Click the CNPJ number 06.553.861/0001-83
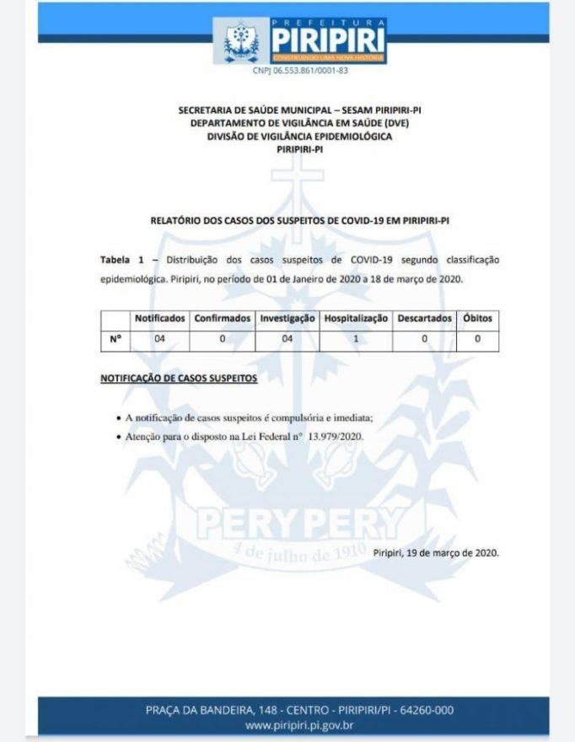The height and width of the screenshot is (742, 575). [300, 71]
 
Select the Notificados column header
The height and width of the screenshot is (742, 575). [159, 319]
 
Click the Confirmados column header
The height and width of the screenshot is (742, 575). [223, 319]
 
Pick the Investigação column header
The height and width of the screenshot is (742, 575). [287, 319]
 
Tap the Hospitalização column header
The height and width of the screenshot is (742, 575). [357, 319]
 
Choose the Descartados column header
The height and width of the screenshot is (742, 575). [425, 319]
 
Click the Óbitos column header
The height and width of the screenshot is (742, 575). [477, 319]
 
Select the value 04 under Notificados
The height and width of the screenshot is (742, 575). [159, 339]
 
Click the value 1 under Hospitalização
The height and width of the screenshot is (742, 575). [357, 339]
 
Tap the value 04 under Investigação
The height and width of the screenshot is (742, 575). [287, 339]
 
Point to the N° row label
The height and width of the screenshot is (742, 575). [116, 339]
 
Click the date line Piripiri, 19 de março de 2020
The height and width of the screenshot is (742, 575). [436, 552]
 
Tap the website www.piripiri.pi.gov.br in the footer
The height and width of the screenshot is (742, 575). [298, 725]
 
